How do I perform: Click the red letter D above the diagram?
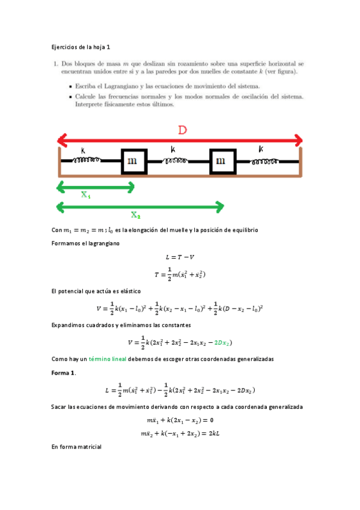click(180, 130)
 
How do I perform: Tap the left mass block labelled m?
click(133, 162)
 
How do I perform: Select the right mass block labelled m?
click(221, 162)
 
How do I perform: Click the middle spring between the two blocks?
click(177, 161)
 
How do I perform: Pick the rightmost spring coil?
click(265, 161)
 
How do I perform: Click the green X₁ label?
click(87, 195)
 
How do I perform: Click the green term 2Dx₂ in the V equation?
click(222, 342)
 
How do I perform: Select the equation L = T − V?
click(180, 258)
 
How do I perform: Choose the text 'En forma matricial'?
click(76, 447)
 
